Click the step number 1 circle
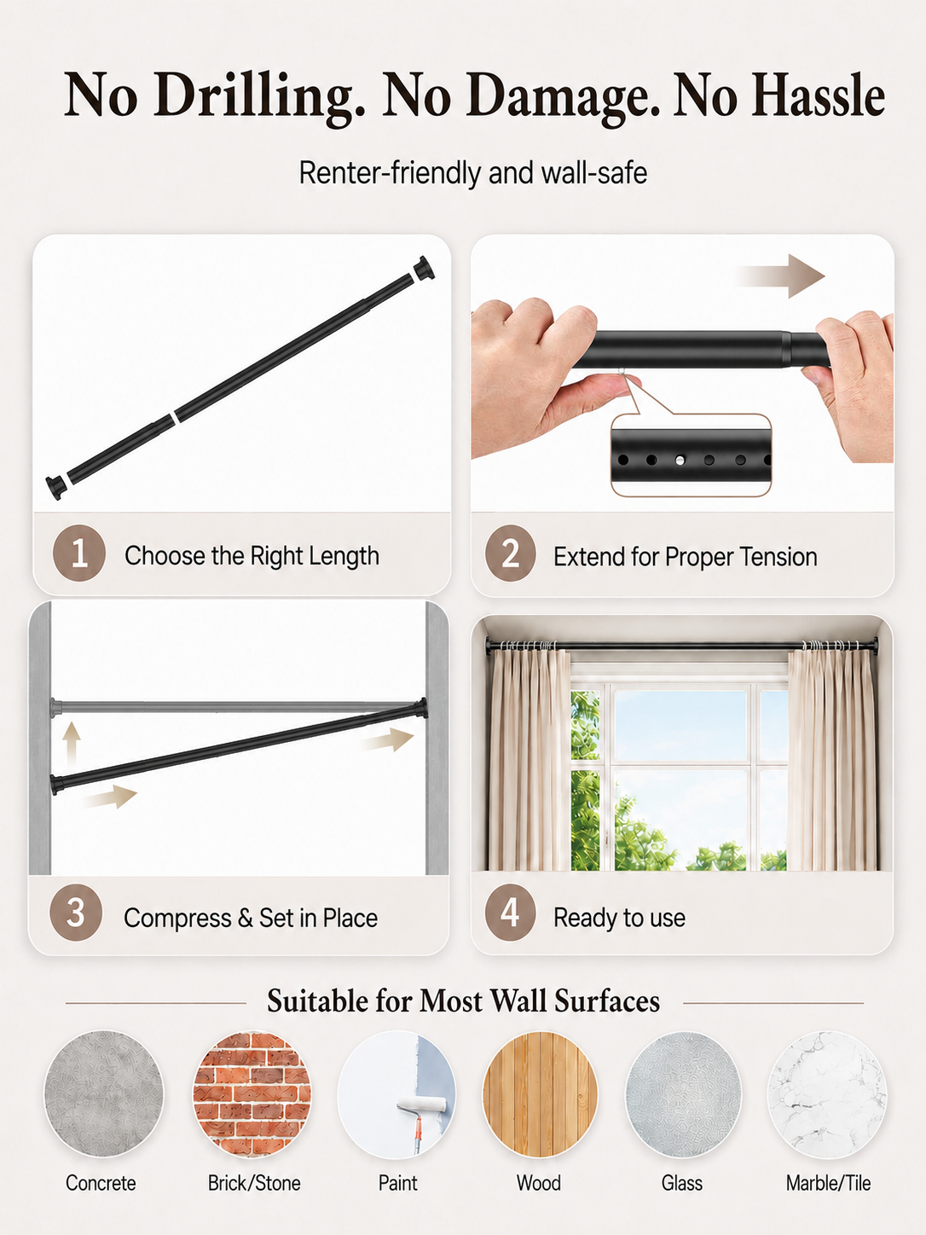(x=79, y=553)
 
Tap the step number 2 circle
(x=510, y=553)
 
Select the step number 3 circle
(x=76, y=913)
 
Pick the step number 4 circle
(x=510, y=913)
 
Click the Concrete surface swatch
(x=103, y=1093)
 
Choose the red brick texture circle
(x=252, y=1093)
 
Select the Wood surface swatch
(x=540, y=1093)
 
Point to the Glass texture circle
(x=683, y=1093)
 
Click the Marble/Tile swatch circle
(x=827, y=1093)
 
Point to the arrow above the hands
(x=780, y=276)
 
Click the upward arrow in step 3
(x=71, y=744)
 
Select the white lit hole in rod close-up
(x=680, y=461)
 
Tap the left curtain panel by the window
(x=529, y=760)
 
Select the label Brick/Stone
(x=254, y=1183)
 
